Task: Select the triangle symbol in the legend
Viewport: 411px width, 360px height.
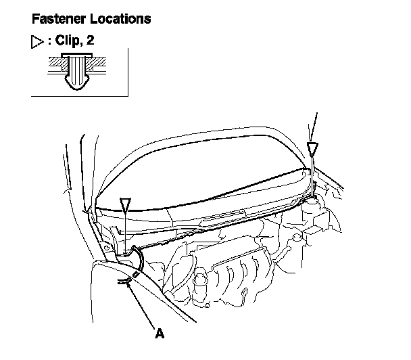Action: (37, 42)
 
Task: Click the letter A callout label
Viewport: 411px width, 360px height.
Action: (160, 332)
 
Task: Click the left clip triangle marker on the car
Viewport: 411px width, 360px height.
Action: (124, 204)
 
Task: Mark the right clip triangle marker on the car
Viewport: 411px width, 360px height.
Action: (312, 148)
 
